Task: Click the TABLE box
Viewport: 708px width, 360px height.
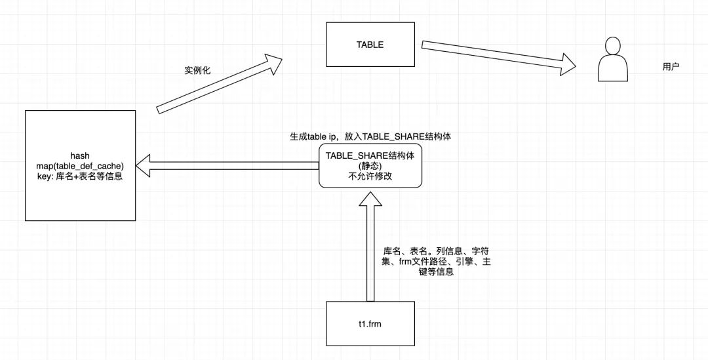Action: pyautogui.click(x=370, y=45)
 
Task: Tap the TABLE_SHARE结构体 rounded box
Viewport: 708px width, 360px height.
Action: pyautogui.click(x=370, y=167)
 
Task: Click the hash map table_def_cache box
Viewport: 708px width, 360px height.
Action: pyautogui.click(x=80, y=166)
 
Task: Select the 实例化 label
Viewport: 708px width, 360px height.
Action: pyautogui.click(x=197, y=70)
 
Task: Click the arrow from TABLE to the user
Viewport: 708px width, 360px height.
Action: pyautogui.click(x=498, y=56)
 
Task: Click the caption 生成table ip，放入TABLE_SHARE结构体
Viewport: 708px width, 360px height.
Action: pyautogui.click(x=370, y=138)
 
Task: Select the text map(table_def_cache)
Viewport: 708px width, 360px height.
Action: pyautogui.click(x=80, y=167)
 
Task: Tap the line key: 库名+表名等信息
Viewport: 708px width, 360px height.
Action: pyautogui.click(x=80, y=177)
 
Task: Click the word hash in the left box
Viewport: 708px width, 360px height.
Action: pyautogui.click(x=80, y=156)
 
